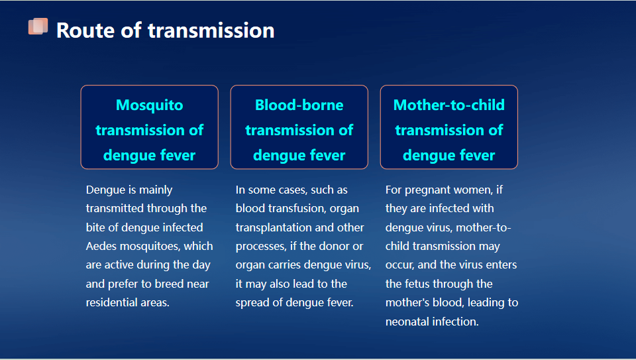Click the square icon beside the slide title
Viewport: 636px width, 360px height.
(38, 27)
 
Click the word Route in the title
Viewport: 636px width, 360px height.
(85, 30)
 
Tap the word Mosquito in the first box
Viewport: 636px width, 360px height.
(149, 105)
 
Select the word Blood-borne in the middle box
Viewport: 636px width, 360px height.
(299, 105)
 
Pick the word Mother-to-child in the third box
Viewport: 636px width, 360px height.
(449, 105)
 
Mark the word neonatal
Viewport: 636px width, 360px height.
(407, 322)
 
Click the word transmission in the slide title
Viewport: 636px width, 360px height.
(211, 30)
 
